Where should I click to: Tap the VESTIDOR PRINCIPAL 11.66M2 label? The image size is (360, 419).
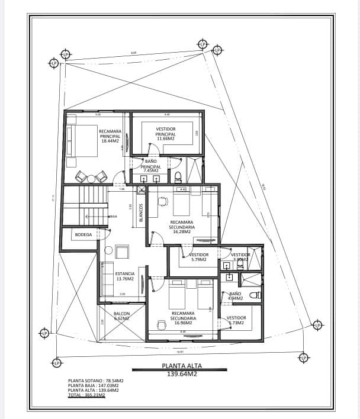166,133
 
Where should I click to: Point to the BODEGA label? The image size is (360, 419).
82,234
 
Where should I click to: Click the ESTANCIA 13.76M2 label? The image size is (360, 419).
124,276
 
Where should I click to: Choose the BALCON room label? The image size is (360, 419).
121,316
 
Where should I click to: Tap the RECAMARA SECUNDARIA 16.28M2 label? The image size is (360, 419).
182,227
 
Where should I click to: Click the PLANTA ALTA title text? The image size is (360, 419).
182,366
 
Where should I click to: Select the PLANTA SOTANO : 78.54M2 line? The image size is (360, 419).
96,381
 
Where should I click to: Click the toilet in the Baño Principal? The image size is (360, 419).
178,176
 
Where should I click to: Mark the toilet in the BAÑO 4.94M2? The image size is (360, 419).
255,295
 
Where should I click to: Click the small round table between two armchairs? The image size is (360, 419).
91,176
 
